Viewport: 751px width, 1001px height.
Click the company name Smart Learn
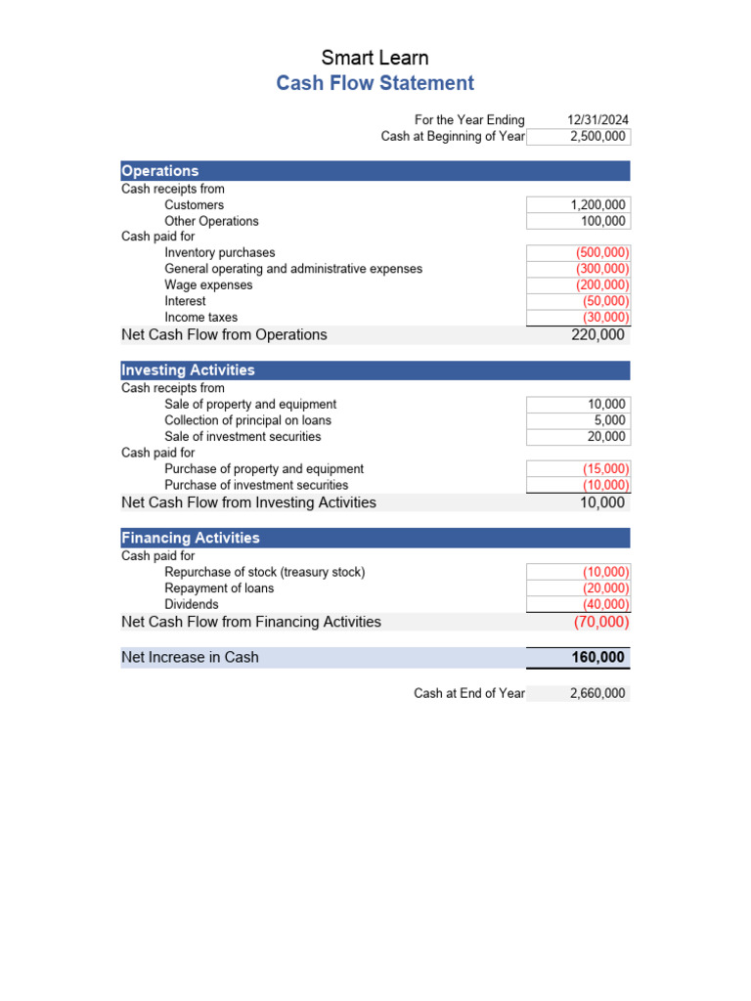point(375,58)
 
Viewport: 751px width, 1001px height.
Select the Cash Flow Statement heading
point(375,83)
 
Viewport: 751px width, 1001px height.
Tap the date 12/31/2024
point(597,120)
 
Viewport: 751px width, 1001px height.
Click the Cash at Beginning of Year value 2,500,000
point(597,137)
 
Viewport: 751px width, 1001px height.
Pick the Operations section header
point(160,171)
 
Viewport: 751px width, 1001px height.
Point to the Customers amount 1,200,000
point(597,205)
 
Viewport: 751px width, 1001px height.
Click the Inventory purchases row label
point(220,252)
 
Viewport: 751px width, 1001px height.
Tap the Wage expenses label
point(208,284)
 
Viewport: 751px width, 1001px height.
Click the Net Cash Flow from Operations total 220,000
point(597,334)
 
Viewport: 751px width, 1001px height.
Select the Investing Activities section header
point(188,370)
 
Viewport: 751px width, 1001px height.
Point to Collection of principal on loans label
point(247,420)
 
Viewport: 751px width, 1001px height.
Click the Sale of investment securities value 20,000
point(606,437)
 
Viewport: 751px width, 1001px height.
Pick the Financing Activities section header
point(191,538)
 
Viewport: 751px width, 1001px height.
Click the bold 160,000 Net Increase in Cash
point(597,658)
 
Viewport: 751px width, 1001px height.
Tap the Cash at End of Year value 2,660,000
point(597,693)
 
